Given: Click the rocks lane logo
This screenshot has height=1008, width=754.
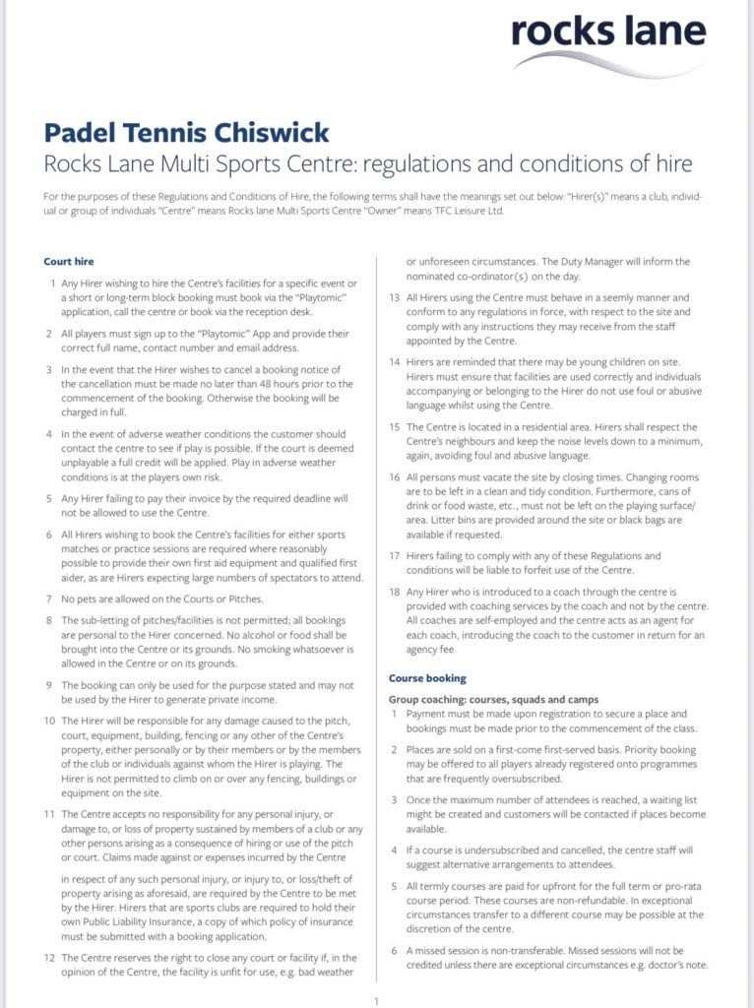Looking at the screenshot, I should point(621,40).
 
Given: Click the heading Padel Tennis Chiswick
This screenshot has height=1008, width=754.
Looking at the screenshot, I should point(187,132).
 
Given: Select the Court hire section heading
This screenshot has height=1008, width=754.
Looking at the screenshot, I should point(69,261).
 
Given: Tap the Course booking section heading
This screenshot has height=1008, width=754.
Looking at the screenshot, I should point(427,678).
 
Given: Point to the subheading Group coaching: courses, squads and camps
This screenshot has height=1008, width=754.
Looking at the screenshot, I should point(493,699).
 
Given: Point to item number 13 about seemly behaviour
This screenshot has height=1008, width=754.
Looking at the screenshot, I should point(395,296).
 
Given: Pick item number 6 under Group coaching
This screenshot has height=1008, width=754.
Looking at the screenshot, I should point(395,951).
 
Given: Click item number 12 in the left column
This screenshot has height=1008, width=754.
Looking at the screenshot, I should point(49,957).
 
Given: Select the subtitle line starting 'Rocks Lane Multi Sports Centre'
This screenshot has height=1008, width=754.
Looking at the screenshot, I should point(369,163).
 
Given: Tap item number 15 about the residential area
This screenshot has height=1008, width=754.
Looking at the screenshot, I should point(395,426).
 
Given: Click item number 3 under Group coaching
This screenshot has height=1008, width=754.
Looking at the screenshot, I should point(395,800).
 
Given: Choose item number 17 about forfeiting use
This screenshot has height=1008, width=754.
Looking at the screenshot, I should point(395,556).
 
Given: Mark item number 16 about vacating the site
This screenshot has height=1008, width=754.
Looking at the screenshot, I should point(395,473).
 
